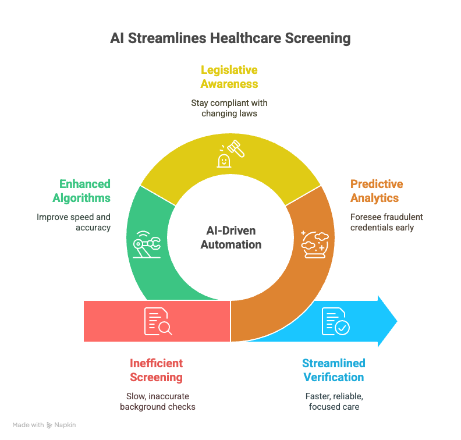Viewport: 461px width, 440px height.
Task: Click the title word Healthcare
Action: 246,38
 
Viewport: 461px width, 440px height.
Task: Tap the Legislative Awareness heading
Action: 229,77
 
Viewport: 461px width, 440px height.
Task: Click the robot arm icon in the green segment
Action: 147,244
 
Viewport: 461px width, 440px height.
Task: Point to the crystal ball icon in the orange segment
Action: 315,244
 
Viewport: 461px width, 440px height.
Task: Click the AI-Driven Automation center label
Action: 231,237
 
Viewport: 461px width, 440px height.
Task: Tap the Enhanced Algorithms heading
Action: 81,191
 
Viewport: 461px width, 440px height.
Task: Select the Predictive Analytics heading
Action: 377,191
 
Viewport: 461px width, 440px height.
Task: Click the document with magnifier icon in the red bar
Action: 158,321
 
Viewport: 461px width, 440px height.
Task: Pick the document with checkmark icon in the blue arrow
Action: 335,321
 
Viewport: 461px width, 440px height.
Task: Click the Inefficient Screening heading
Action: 157,370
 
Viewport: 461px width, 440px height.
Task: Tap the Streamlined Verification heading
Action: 334,370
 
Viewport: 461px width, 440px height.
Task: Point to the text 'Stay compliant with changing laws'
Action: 229,108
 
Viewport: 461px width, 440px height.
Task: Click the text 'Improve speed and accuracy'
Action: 73,222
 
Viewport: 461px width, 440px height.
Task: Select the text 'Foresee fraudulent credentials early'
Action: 386,222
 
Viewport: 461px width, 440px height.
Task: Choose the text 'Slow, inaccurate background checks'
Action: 158,402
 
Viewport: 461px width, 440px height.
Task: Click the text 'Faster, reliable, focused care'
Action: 334,402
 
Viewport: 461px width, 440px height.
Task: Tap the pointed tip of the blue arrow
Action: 397,321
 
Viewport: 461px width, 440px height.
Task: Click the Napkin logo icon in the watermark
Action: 49,425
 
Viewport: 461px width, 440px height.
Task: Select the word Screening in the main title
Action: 318,38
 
